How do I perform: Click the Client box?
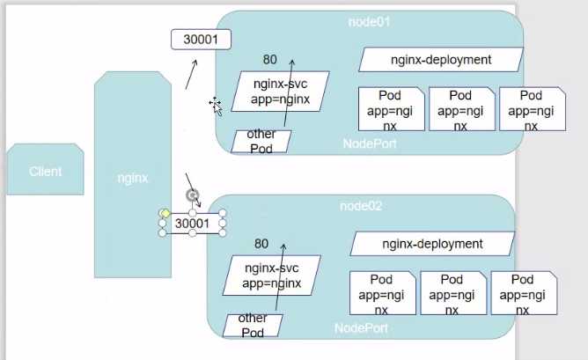click(46, 169)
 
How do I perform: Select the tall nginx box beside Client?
click(133, 175)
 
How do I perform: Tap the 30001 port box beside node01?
click(201, 40)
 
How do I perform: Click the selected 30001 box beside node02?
click(193, 224)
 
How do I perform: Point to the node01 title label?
click(369, 22)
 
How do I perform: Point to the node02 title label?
click(361, 206)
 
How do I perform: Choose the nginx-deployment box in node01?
click(441, 60)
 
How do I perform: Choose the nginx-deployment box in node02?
click(432, 244)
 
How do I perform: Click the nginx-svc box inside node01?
click(281, 92)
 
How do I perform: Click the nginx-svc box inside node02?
click(272, 276)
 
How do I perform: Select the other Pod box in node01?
click(261, 142)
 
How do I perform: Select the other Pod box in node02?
click(253, 326)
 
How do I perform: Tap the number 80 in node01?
click(270, 59)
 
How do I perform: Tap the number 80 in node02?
click(261, 244)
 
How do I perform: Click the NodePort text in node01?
click(370, 143)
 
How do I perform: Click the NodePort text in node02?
click(361, 328)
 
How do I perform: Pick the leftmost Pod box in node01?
click(391, 109)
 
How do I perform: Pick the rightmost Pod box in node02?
click(524, 293)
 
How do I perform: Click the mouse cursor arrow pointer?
click(217, 109)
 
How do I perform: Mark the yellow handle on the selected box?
click(165, 213)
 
